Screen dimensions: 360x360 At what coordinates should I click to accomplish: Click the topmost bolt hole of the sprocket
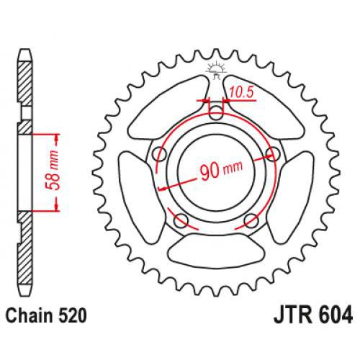(215, 112)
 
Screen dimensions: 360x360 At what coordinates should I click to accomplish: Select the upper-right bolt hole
(271, 153)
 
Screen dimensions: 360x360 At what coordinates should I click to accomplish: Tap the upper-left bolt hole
(159, 153)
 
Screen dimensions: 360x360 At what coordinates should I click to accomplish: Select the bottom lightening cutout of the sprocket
(215, 248)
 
